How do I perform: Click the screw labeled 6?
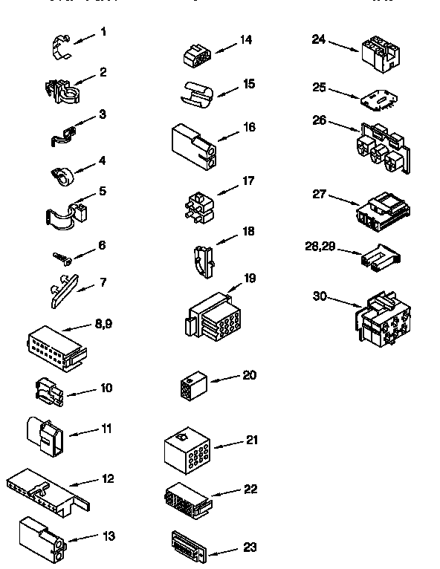[x=62, y=257]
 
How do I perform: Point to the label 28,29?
[x=321, y=246]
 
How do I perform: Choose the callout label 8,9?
[x=103, y=324]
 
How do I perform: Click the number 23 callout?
[x=250, y=547]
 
